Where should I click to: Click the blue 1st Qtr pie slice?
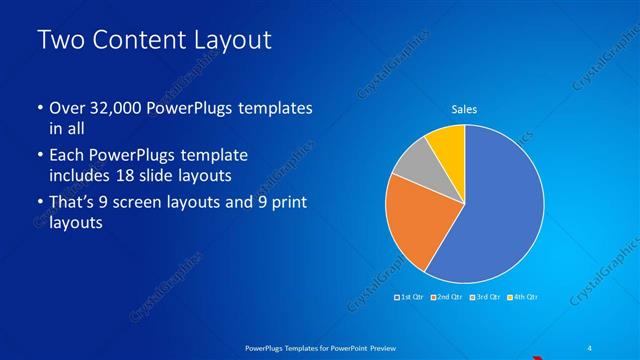pos(495,215)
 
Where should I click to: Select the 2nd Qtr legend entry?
pos(448,297)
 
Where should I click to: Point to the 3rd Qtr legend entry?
pos(486,297)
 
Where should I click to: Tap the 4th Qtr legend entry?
pos(524,297)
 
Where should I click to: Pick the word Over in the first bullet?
pos(65,108)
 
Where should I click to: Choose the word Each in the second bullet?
pos(65,156)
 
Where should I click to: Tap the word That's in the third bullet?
pos(71,204)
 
